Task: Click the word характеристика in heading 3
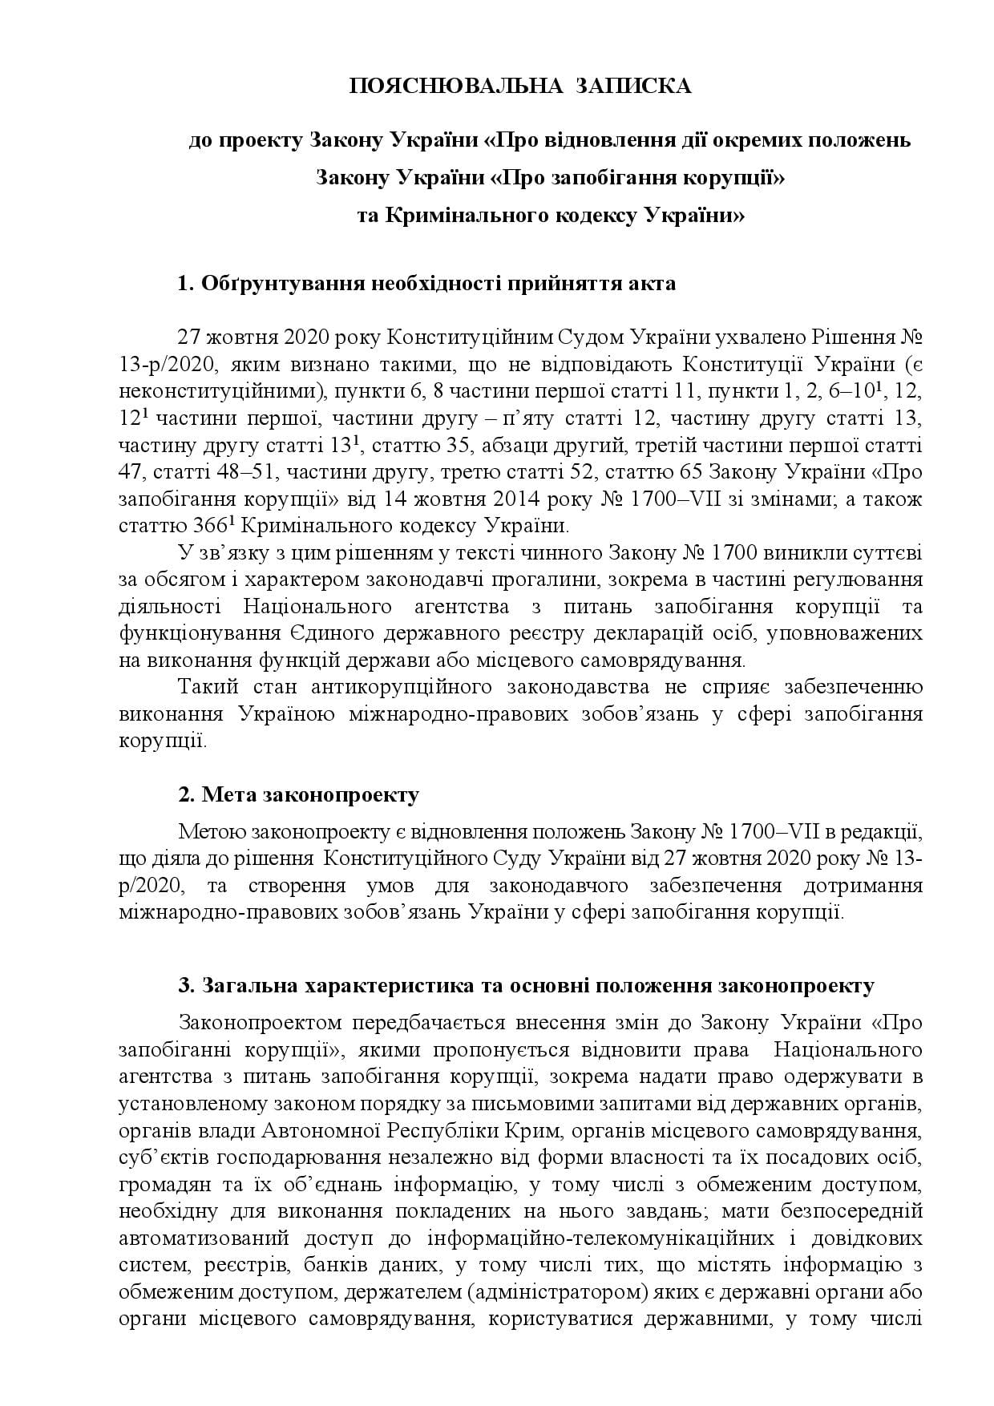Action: coord(381,985)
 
